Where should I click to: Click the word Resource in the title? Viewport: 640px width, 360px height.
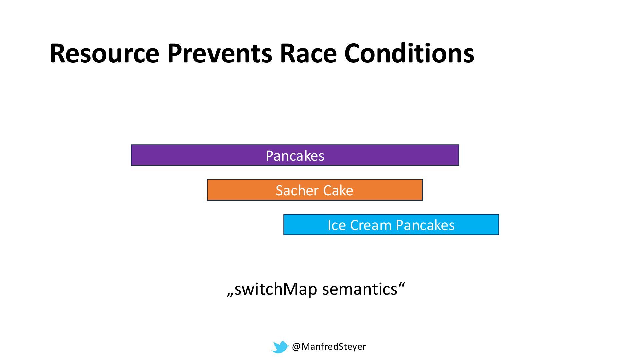click(x=104, y=53)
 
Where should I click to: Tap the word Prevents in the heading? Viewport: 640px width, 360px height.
click(x=219, y=53)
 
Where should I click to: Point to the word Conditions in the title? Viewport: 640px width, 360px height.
click(x=409, y=53)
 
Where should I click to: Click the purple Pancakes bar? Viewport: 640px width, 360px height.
click(x=295, y=155)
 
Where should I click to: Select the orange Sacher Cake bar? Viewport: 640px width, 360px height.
click(x=315, y=190)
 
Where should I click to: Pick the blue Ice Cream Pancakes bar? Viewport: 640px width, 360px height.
click(x=391, y=225)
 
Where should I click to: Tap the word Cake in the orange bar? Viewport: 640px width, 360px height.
click(x=338, y=190)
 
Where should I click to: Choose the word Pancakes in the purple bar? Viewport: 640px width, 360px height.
click(x=295, y=156)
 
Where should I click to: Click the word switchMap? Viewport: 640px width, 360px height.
click(x=275, y=289)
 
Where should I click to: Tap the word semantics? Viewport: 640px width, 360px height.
click(x=360, y=289)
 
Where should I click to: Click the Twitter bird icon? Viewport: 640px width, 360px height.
click(x=280, y=347)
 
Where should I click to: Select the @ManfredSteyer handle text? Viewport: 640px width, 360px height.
click(x=329, y=347)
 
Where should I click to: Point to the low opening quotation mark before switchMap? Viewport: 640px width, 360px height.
click(x=230, y=295)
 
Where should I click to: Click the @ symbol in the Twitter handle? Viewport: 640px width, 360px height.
click(x=296, y=347)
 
